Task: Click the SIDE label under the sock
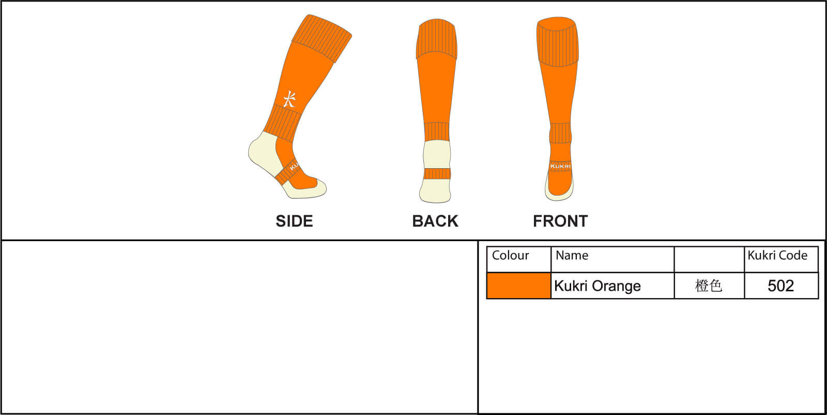tap(294, 221)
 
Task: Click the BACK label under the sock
tap(435, 221)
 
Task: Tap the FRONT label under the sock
tap(560, 221)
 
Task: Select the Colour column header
tap(510, 255)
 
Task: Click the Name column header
tap(572, 255)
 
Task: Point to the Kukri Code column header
tap(777, 255)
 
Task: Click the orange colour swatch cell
tap(519, 286)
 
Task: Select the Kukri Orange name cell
tap(598, 286)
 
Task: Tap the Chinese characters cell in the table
tap(709, 286)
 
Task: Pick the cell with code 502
tap(780, 286)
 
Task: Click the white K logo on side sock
tap(289, 99)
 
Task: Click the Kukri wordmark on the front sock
tap(560, 166)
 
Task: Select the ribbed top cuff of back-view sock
tap(436, 39)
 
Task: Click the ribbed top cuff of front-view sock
tap(558, 41)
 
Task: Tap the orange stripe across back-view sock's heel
tap(437, 174)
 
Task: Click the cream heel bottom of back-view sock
tap(435, 191)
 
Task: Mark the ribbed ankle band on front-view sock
tap(560, 133)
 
